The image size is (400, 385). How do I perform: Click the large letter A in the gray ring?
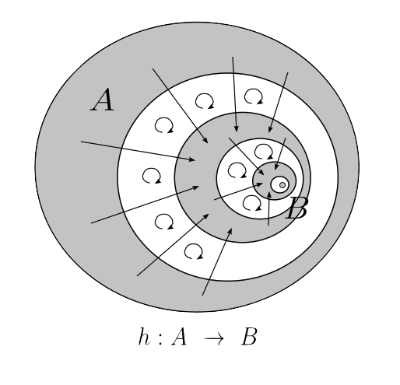103,100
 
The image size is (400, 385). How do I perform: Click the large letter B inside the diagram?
297,208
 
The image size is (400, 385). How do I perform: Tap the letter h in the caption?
144,337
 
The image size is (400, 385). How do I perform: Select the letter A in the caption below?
179,337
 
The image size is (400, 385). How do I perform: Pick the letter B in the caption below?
249,337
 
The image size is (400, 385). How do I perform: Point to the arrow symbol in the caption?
214,338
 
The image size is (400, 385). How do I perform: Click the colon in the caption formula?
160,340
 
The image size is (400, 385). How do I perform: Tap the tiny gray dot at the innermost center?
282,185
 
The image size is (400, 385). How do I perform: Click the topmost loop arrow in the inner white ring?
264,152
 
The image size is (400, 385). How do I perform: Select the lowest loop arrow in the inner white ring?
252,203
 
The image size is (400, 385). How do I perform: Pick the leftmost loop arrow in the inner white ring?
237,170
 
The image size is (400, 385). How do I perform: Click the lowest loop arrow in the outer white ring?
194,251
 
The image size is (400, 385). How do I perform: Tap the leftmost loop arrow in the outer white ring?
152,176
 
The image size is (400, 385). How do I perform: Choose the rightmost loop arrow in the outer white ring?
254,96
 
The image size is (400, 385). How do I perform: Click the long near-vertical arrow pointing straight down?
234,94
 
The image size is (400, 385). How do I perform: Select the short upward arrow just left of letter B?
269,208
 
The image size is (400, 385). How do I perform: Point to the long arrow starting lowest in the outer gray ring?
217,261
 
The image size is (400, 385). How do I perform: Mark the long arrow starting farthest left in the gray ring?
138,151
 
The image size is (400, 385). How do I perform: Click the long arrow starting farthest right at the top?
279,103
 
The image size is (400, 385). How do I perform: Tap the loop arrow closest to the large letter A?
164,125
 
